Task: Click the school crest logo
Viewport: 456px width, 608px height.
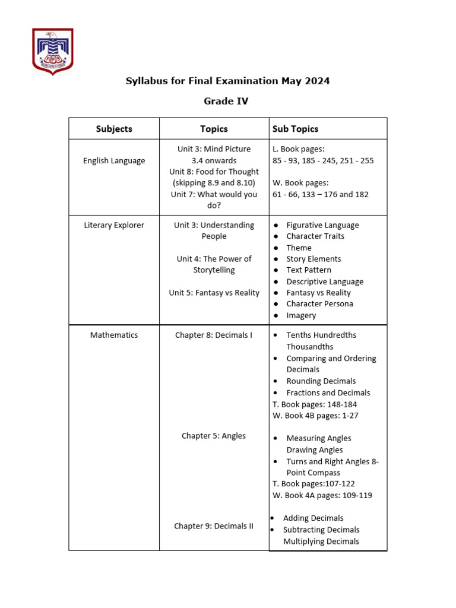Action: coord(53,52)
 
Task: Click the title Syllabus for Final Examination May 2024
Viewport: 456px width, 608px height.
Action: coord(227,81)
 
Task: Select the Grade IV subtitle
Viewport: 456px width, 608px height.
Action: coord(226,101)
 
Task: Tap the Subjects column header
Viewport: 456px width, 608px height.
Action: coord(114,129)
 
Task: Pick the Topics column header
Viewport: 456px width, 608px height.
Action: coord(214,129)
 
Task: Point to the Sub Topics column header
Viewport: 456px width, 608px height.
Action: coord(295,129)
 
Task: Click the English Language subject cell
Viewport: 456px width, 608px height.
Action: coord(114,160)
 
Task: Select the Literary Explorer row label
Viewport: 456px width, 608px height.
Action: coord(114,225)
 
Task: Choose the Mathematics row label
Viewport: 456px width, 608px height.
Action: coord(114,335)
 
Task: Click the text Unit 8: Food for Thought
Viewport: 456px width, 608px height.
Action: coord(214,172)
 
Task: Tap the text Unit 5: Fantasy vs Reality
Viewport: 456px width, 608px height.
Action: coord(214,293)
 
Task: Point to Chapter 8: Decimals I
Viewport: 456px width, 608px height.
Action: coord(214,335)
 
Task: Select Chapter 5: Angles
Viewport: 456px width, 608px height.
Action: coord(214,436)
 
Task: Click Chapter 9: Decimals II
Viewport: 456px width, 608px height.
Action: coord(214,526)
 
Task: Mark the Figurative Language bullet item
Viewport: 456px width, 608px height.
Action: coord(322,225)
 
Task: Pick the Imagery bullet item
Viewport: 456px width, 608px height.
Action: coord(301,315)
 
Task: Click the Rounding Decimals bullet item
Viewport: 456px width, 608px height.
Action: coord(321,381)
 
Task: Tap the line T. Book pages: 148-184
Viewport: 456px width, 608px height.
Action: coord(315,404)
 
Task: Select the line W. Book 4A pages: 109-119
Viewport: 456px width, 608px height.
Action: coord(322,495)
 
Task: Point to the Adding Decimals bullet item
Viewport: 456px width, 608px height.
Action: coord(313,518)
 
